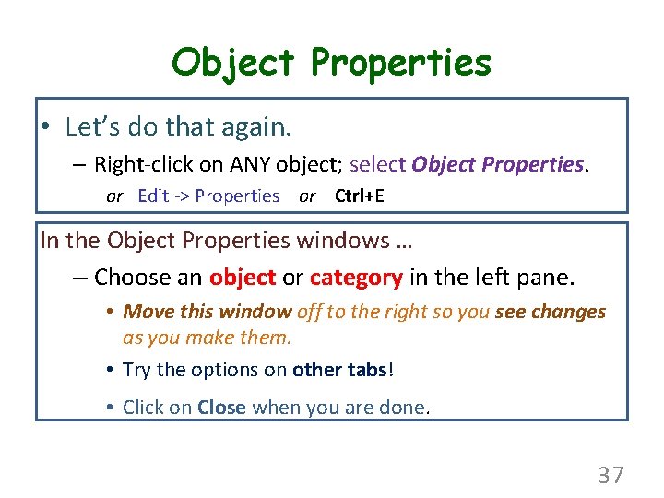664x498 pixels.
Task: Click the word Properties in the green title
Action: click(401, 63)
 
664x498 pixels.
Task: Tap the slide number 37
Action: click(611, 476)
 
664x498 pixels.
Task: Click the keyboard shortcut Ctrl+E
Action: click(359, 196)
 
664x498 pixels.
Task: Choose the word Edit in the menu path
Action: click(153, 196)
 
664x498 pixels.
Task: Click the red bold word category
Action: click(356, 278)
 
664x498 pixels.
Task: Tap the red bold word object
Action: click(242, 278)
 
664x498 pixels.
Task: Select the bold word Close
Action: click(221, 407)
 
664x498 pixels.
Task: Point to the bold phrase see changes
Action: click(551, 312)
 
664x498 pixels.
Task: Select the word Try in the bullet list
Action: click(136, 370)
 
